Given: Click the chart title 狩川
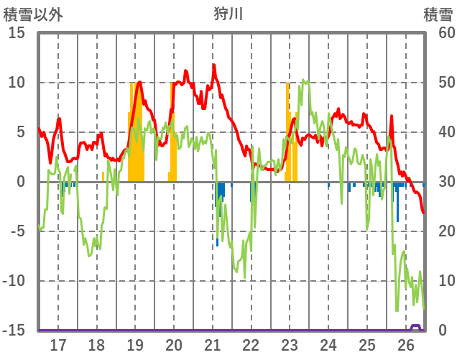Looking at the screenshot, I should (228, 14).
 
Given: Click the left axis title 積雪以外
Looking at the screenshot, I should (34, 14).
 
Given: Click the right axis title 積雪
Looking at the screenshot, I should (437, 14).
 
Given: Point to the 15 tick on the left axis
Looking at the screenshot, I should (17, 33).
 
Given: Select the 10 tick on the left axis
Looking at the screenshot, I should (17, 83).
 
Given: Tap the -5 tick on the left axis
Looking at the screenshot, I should (17, 231).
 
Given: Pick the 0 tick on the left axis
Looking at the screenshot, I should (21, 182).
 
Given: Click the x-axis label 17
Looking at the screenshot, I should (58, 345).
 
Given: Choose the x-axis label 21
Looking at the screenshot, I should (213, 345).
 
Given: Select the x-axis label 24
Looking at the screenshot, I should (328, 345).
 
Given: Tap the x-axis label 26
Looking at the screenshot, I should (406, 345).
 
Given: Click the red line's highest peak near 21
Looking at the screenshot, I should (213, 65).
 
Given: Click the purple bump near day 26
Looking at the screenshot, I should (416, 326).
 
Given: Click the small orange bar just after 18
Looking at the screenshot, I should (103, 177).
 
